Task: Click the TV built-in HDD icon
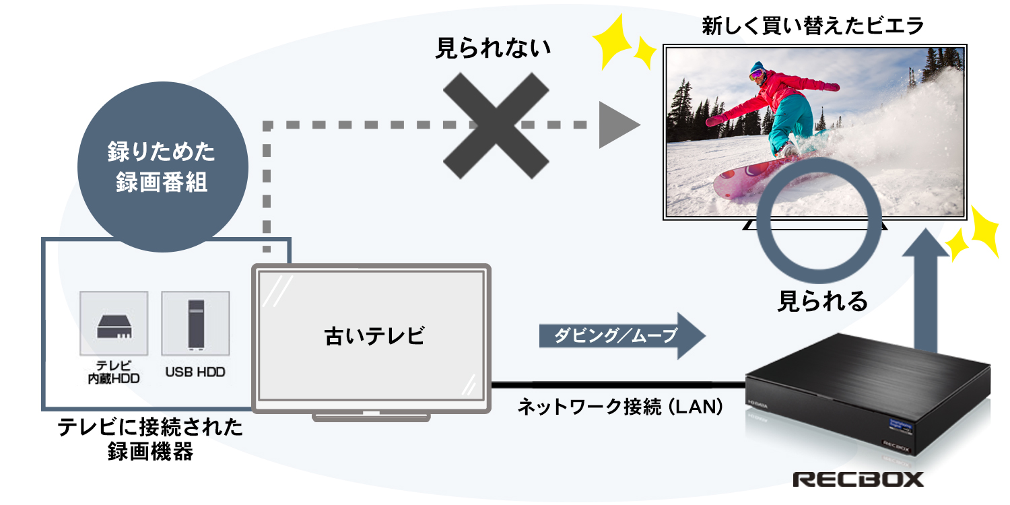coord(114,323)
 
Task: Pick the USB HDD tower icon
coord(195,323)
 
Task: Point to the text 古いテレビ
coord(374,335)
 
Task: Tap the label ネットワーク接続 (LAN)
coord(620,407)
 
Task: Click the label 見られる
coord(823,301)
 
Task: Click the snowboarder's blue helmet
coord(758,69)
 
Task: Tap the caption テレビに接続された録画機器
coord(150,439)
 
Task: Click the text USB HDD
coord(195,372)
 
